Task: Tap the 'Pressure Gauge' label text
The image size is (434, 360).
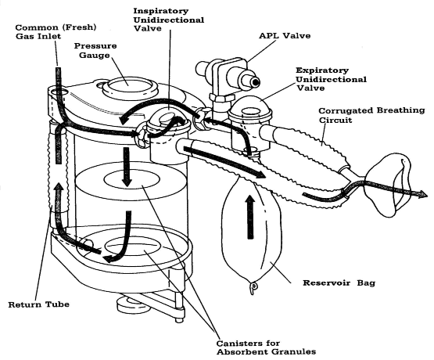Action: pyautogui.click(x=95, y=52)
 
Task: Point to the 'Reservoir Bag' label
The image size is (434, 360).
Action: pyautogui.click(x=328, y=279)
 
